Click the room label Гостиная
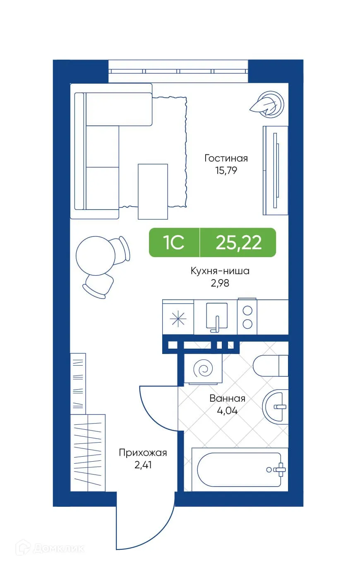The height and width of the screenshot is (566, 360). coord(226,158)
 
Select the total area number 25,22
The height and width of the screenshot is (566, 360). coord(238,243)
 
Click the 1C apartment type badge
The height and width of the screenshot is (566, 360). coord(174,243)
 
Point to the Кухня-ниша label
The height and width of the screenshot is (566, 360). coord(220,271)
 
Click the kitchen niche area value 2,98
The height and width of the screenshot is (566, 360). coord(220,283)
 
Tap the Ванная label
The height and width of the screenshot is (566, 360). coord(227,399)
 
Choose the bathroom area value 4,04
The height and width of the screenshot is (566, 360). coord(227,411)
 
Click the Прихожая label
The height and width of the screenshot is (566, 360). coord(143,453)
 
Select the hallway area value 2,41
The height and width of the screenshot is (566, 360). coord(143,465)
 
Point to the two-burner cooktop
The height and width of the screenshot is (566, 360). coord(247,317)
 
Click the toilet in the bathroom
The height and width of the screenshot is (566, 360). coord(270,365)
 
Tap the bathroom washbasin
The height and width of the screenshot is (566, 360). coord(275,406)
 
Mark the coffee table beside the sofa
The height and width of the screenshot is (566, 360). coord(153,191)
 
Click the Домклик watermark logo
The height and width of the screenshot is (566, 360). coord(50,548)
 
